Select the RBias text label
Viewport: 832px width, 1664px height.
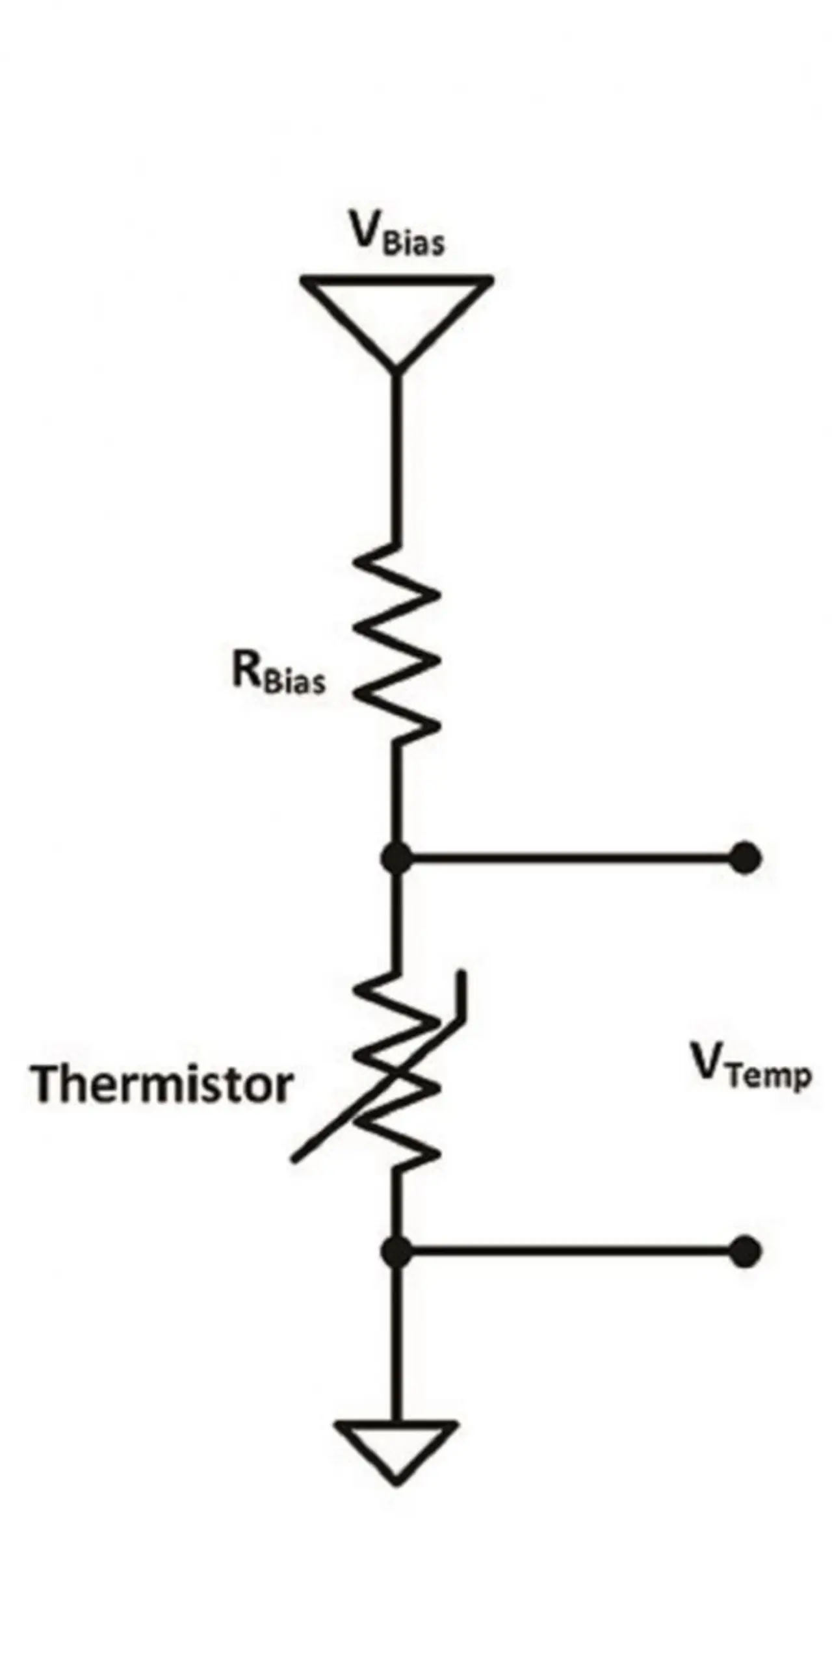pos(278,672)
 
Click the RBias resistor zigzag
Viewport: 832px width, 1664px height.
pos(396,643)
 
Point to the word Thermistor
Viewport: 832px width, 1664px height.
pos(161,1084)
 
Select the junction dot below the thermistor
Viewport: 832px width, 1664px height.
pos(396,1251)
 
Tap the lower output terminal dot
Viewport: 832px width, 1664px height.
pos(745,1251)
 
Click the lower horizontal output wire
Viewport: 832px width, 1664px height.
pos(572,1251)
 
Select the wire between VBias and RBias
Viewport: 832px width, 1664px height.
pos(396,455)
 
